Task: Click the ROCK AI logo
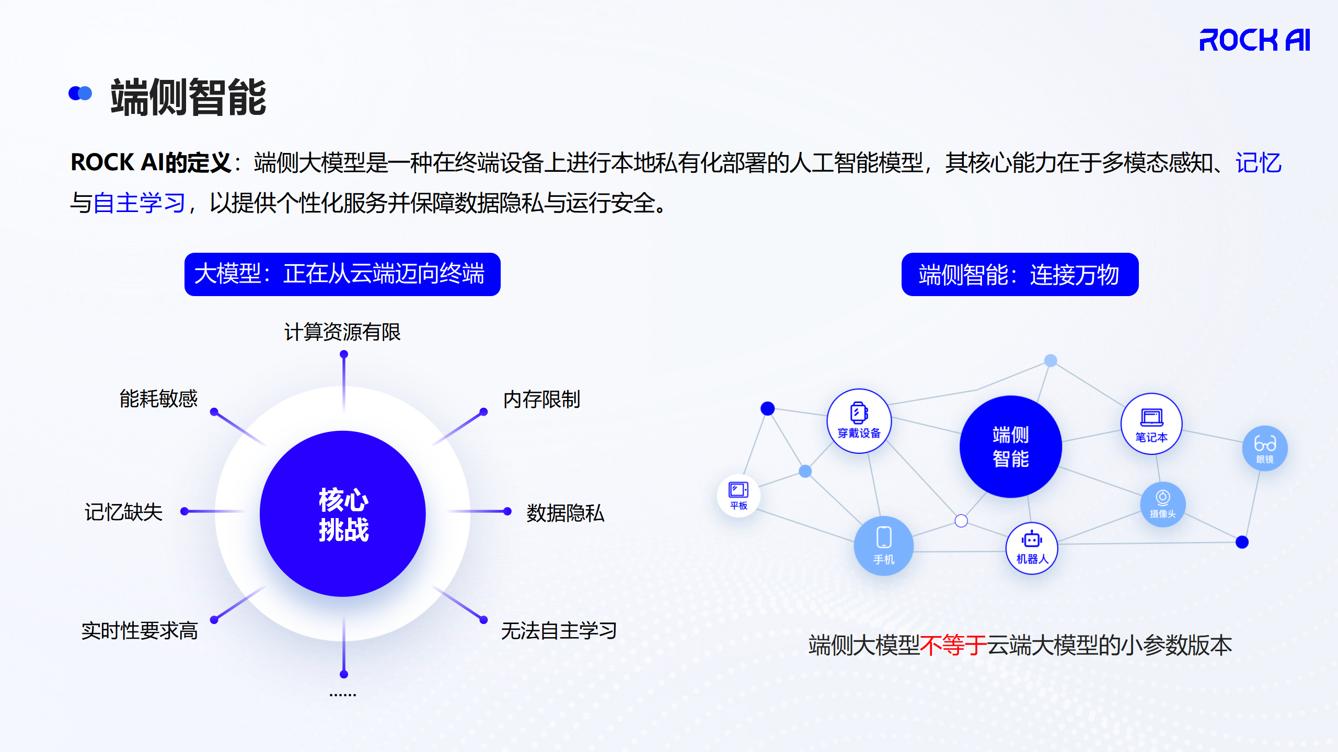(1254, 40)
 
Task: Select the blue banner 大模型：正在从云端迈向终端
(342, 274)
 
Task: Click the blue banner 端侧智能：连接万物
(1020, 274)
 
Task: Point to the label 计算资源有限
(342, 332)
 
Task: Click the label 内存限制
(541, 399)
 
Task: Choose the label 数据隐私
(565, 513)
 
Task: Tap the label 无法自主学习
(559, 631)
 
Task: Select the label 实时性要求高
(140, 631)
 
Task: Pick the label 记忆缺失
(123, 512)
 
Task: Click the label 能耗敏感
(158, 398)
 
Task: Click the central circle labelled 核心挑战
(343, 514)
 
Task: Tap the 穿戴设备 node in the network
(859, 421)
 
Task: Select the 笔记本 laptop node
(1151, 424)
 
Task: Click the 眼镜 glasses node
(1265, 448)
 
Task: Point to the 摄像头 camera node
(1162, 504)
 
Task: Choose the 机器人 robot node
(1032, 548)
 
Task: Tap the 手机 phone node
(884, 546)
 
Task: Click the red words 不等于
(953, 645)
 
